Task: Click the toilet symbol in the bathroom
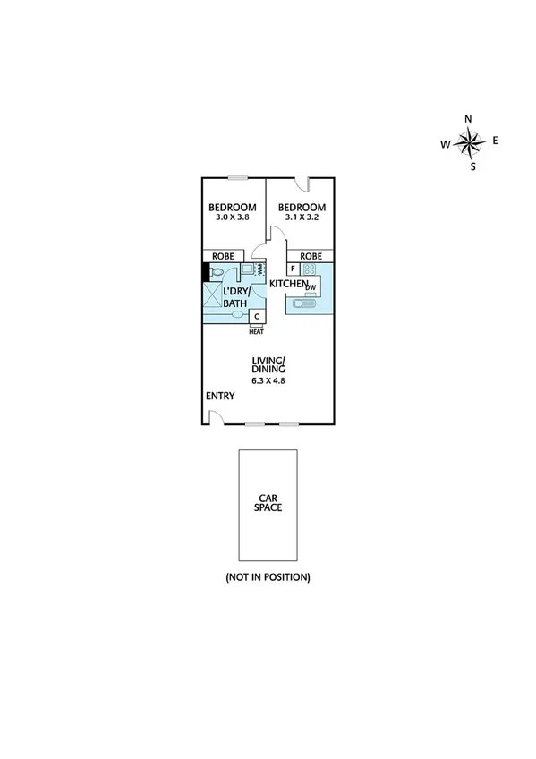(x=217, y=276)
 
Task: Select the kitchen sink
(x=303, y=303)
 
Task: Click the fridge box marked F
(x=293, y=268)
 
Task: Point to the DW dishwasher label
(x=311, y=287)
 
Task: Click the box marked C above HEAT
(x=257, y=316)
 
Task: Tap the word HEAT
(x=256, y=331)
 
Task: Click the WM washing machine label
(x=260, y=269)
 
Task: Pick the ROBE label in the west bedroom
(x=223, y=256)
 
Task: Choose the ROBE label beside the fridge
(x=311, y=256)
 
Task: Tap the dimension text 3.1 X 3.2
(x=300, y=217)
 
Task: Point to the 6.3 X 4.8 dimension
(x=268, y=380)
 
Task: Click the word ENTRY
(x=220, y=396)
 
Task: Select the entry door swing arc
(x=216, y=416)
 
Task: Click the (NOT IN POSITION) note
(x=268, y=577)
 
